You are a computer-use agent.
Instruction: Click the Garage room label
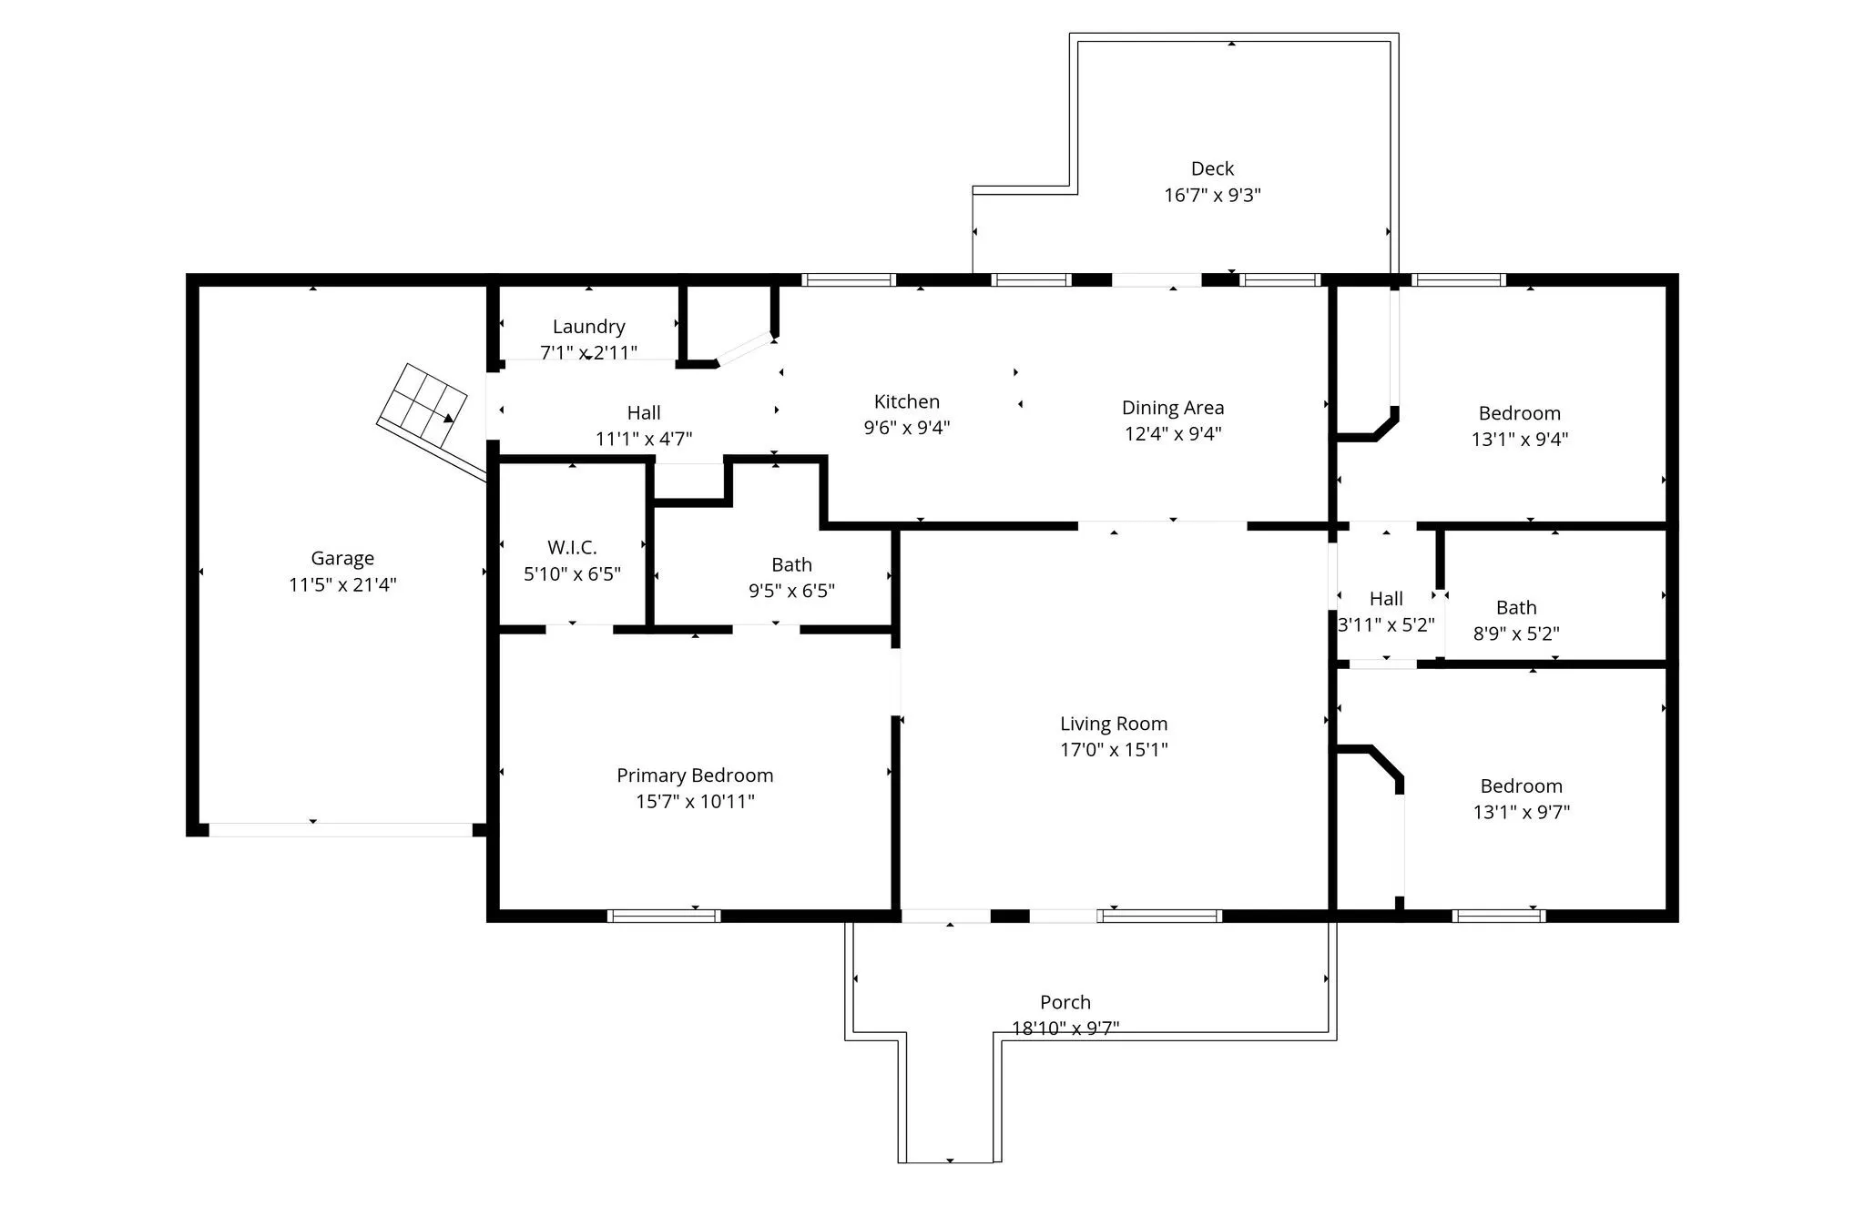342,559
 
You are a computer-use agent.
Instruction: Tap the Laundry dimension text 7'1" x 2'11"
588,352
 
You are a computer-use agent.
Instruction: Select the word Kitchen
907,401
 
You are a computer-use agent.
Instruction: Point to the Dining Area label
1173,408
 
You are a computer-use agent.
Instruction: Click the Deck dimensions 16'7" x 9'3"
1212,195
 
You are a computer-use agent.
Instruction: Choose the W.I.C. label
572,548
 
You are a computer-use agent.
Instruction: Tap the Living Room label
1114,725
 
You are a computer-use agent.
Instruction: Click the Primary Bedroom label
695,775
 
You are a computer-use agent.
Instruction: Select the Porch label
1065,1002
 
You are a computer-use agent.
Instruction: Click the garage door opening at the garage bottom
341,830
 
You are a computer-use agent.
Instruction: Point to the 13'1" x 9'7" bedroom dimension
1522,812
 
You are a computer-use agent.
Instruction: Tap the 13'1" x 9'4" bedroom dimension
1520,439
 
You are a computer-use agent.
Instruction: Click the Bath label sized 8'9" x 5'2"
1516,608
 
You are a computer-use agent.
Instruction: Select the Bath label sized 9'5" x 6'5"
791,565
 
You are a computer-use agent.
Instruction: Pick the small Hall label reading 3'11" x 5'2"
1386,599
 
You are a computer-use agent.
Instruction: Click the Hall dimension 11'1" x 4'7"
644,439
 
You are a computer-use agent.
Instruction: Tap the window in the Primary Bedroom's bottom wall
664,916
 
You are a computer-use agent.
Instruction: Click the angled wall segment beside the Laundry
745,350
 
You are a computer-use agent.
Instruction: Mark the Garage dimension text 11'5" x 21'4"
342,584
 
